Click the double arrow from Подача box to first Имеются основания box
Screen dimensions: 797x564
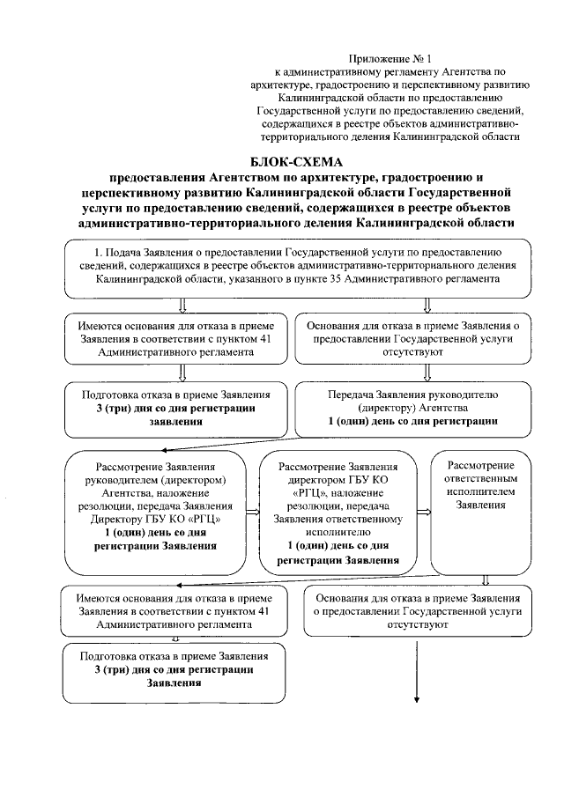pos(183,305)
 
